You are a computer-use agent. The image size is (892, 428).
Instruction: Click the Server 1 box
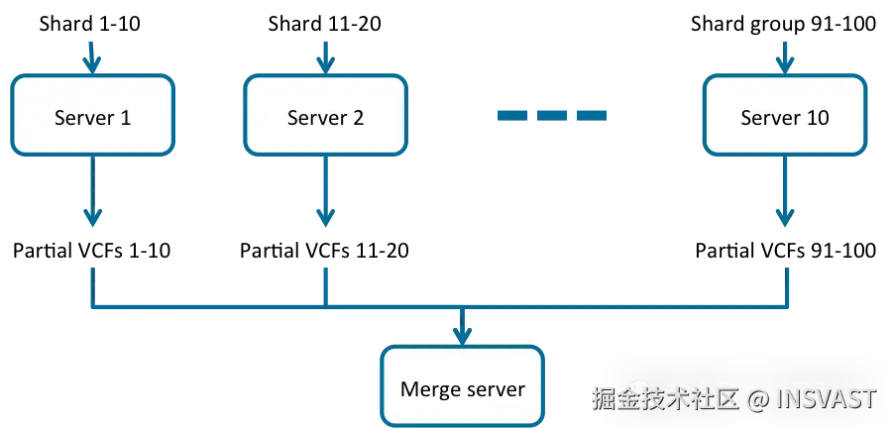[92, 115]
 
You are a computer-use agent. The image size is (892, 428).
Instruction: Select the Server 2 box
[325, 115]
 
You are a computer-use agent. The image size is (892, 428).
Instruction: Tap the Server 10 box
[785, 115]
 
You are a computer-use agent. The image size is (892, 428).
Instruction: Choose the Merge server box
[462, 386]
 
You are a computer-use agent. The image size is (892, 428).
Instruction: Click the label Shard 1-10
[90, 25]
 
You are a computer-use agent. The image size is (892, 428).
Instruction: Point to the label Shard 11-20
[324, 25]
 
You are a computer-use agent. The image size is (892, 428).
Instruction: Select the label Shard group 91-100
[783, 25]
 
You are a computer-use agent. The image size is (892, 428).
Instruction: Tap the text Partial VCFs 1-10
[91, 251]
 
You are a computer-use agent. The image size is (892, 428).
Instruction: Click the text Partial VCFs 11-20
[324, 251]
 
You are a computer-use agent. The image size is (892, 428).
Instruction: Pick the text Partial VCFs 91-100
[786, 251]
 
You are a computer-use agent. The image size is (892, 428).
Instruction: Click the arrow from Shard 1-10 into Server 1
[92, 56]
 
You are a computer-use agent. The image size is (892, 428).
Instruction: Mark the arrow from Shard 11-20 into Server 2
[325, 56]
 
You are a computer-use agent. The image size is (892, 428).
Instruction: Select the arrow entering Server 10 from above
[785, 56]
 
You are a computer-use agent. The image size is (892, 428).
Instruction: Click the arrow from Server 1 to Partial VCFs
[92, 191]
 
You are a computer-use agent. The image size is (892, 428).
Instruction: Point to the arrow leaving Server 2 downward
[325, 191]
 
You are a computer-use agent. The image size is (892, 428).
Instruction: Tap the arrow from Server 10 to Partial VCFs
[785, 191]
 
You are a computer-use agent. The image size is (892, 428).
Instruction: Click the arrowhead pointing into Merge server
[462, 335]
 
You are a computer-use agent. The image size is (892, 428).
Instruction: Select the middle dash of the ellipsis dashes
[552, 115]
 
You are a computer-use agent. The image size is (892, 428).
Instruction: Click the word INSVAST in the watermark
[827, 399]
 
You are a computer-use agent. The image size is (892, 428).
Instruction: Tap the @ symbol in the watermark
[757, 399]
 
